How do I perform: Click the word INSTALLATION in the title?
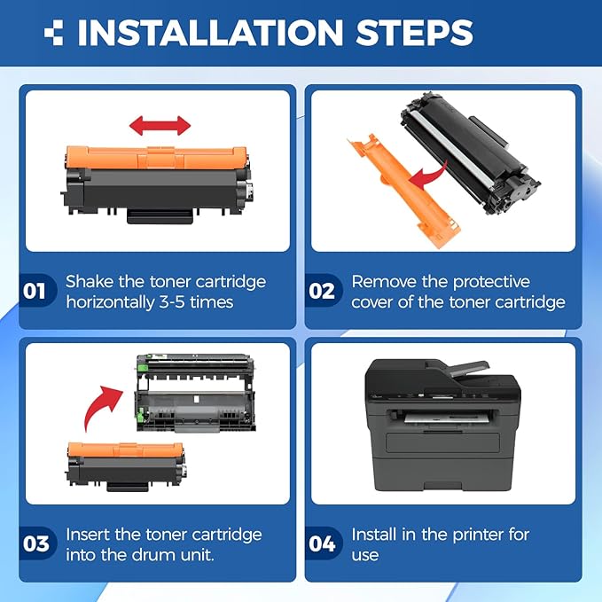click(x=210, y=33)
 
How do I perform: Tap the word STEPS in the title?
click(x=415, y=33)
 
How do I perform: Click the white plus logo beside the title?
click(x=54, y=33)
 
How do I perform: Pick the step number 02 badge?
click(x=323, y=291)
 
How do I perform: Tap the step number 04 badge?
click(x=323, y=543)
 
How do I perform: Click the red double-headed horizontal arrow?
click(x=160, y=126)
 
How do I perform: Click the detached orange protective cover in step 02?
click(x=403, y=190)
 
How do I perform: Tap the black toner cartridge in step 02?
click(x=470, y=152)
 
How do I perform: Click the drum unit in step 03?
click(x=196, y=393)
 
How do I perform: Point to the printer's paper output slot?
click(x=445, y=418)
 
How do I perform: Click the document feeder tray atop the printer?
click(x=470, y=370)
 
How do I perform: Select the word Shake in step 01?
click(x=90, y=281)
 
